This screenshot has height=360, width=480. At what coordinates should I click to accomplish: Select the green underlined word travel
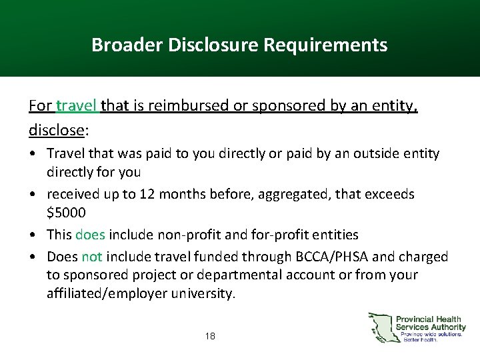point(77,105)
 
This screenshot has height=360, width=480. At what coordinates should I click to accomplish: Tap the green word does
point(90,235)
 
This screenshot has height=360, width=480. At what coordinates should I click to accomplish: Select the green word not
point(91,256)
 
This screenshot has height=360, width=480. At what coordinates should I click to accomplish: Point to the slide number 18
point(210,336)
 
